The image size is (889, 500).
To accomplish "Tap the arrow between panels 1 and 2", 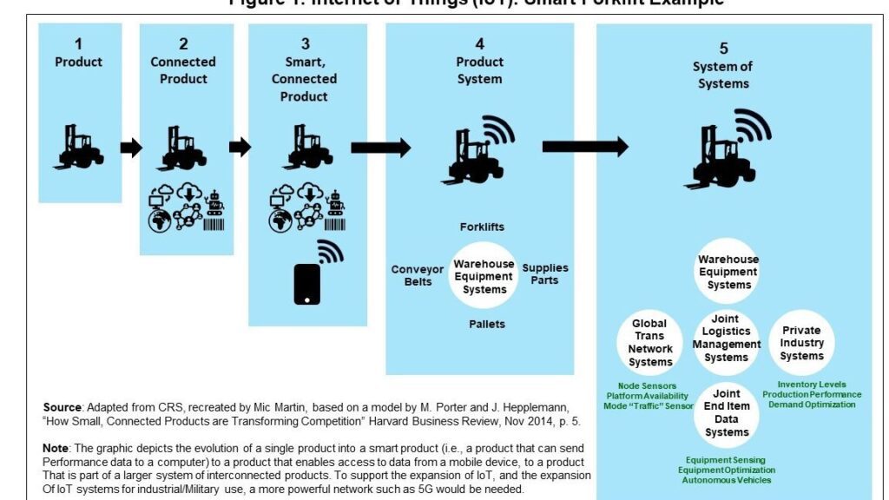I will [131, 148].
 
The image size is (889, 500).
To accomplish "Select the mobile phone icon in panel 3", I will [307, 283].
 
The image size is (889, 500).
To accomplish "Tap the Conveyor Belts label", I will [418, 275].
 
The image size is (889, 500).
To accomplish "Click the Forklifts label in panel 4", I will [483, 227].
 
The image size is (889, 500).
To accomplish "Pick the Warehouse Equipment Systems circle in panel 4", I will [484, 275].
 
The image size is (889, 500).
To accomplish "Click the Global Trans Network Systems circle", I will [649, 343].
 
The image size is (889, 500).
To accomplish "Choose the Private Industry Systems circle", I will [801, 343].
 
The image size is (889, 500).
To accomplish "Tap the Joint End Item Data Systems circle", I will [727, 413].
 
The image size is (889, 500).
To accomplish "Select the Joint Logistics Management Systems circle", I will [726, 339].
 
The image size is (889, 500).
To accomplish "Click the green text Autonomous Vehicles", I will [727, 480].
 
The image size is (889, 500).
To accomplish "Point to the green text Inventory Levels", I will [812, 385].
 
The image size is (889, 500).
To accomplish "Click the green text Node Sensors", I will [647, 385].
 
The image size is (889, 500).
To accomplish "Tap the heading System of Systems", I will [722, 76].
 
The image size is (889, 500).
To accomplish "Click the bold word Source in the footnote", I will [63, 407].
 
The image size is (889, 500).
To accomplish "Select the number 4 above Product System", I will [479, 43].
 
